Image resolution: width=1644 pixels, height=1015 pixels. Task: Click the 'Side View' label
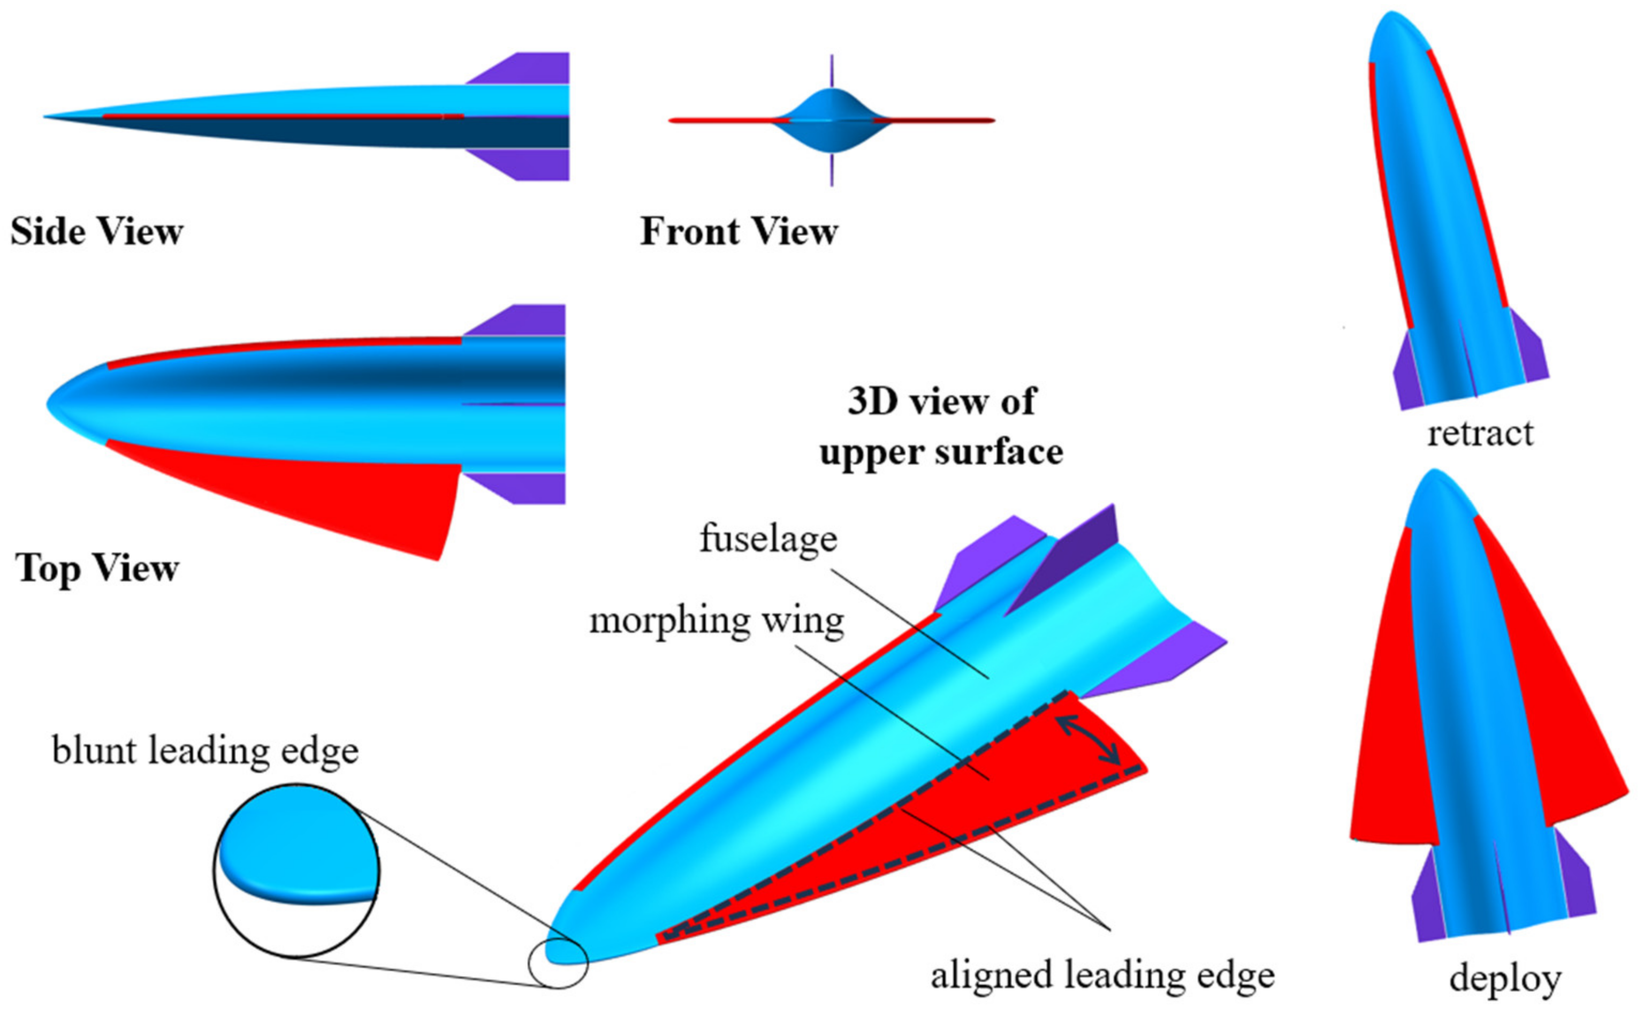[97, 232]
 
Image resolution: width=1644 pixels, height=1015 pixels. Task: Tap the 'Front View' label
[739, 232]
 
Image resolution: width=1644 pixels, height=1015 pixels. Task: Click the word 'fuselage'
[768, 539]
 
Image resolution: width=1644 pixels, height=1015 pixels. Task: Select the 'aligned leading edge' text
[1102, 975]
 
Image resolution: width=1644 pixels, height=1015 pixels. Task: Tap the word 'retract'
[1480, 433]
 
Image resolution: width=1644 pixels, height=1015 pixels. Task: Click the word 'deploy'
[1504, 979]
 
